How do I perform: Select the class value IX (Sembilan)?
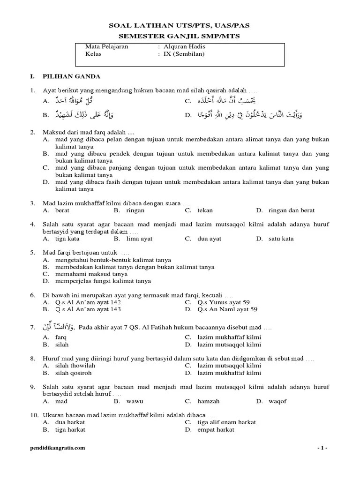click(184, 54)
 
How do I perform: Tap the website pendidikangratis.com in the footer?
click(57, 448)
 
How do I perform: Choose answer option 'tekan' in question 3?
click(205, 210)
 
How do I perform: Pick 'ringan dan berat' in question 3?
click(292, 210)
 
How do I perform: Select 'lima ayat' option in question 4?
click(139, 239)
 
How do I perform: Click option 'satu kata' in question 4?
click(281, 239)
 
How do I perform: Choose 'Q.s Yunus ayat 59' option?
click(227, 302)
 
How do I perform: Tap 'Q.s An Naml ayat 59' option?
click(227, 309)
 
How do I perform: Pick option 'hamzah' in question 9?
click(208, 401)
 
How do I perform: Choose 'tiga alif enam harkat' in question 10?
click(226, 422)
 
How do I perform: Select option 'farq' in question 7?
click(61, 337)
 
